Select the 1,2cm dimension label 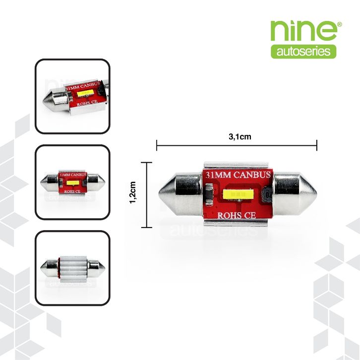[132, 194]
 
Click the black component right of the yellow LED [268, 195]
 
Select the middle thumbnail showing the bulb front [72, 182]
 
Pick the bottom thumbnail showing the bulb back [72, 268]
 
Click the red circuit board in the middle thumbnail [72, 182]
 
